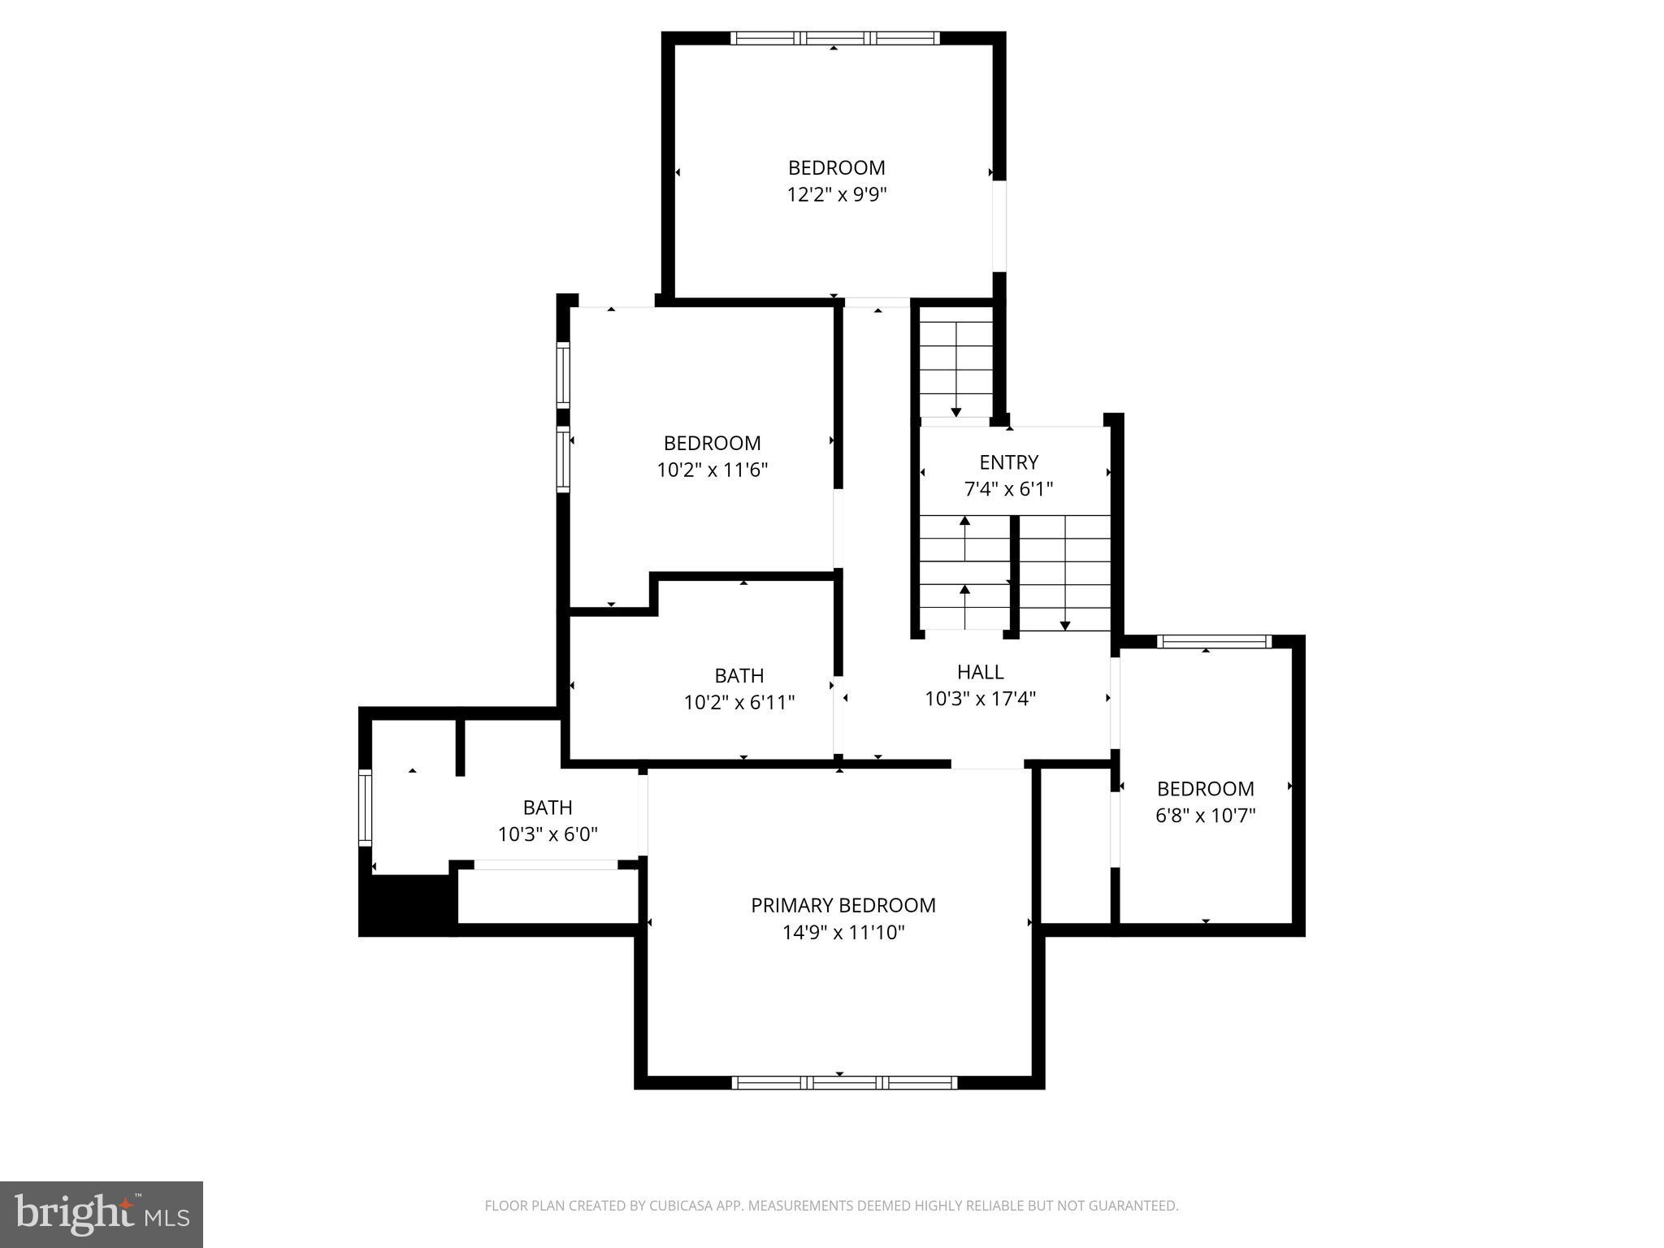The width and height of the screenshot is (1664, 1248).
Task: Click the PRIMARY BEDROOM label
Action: click(843, 905)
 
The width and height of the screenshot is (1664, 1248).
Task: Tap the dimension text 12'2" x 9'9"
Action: click(836, 195)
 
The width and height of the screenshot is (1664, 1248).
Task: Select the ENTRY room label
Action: click(1008, 462)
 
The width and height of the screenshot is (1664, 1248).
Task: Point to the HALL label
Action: click(980, 672)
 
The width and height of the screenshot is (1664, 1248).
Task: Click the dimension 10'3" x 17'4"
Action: click(980, 699)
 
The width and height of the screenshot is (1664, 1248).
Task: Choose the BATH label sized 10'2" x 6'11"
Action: click(739, 675)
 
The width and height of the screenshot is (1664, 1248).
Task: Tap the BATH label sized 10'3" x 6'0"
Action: click(547, 808)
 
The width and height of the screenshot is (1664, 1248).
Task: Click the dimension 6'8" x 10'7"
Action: click(1205, 815)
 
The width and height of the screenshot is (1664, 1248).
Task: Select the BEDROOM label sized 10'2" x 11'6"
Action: click(712, 443)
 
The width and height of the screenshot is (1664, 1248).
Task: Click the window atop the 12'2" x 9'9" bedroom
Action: click(834, 38)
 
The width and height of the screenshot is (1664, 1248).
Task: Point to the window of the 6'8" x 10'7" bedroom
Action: click(1214, 642)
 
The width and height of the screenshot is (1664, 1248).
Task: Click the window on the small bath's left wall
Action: click(366, 808)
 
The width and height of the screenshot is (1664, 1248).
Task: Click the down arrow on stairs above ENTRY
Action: click(956, 409)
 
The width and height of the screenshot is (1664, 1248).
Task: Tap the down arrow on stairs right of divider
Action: click(1064, 623)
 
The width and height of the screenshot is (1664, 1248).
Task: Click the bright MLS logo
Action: click(102, 1214)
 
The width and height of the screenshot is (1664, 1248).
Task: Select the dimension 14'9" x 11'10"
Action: click(843, 932)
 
